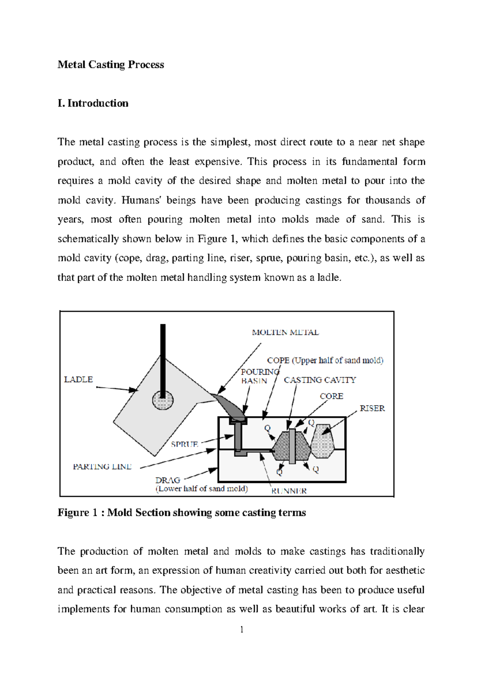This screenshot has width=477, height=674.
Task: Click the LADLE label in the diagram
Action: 78,380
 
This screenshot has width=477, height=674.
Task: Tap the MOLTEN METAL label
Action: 285,333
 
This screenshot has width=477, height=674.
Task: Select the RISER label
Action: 372,409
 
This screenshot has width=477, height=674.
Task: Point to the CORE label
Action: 331,396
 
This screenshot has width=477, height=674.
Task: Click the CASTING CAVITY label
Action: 320,380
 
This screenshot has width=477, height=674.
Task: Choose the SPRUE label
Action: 184,444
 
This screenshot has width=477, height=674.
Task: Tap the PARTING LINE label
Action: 102,467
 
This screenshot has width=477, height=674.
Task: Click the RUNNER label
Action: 289,491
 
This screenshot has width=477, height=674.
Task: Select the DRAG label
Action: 168,480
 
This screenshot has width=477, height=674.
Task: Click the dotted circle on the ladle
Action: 163,401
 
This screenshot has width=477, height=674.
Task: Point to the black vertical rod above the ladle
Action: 163,358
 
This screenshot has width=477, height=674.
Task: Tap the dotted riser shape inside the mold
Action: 322,441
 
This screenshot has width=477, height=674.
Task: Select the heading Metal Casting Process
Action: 111,65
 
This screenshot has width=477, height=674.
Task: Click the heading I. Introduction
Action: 93,103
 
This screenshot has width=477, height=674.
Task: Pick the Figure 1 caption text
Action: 182,513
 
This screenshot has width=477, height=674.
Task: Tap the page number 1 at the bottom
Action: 241,629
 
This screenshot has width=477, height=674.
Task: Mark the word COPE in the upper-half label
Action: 278,360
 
